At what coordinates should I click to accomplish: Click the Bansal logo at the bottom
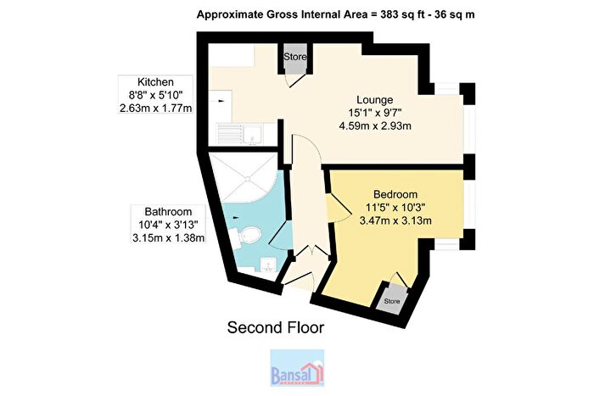[x=297, y=368]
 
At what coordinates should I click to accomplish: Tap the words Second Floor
[x=276, y=327]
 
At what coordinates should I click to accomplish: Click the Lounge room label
[x=375, y=100]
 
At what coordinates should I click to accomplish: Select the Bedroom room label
[x=395, y=194]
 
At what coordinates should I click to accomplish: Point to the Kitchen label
[x=155, y=82]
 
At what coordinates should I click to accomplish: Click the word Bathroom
[x=168, y=212]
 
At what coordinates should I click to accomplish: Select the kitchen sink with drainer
[x=241, y=134]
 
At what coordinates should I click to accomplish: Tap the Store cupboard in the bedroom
[x=392, y=300]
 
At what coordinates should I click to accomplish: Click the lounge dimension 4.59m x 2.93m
[x=375, y=125]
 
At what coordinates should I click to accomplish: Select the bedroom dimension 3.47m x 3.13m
[x=395, y=220]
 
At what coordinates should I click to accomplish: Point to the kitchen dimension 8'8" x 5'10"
[x=155, y=95]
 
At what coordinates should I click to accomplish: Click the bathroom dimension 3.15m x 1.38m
[x=168, y=237]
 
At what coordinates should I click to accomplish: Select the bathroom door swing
[x=279, y=235]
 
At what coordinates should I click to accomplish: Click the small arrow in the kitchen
[x=221, y=101]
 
